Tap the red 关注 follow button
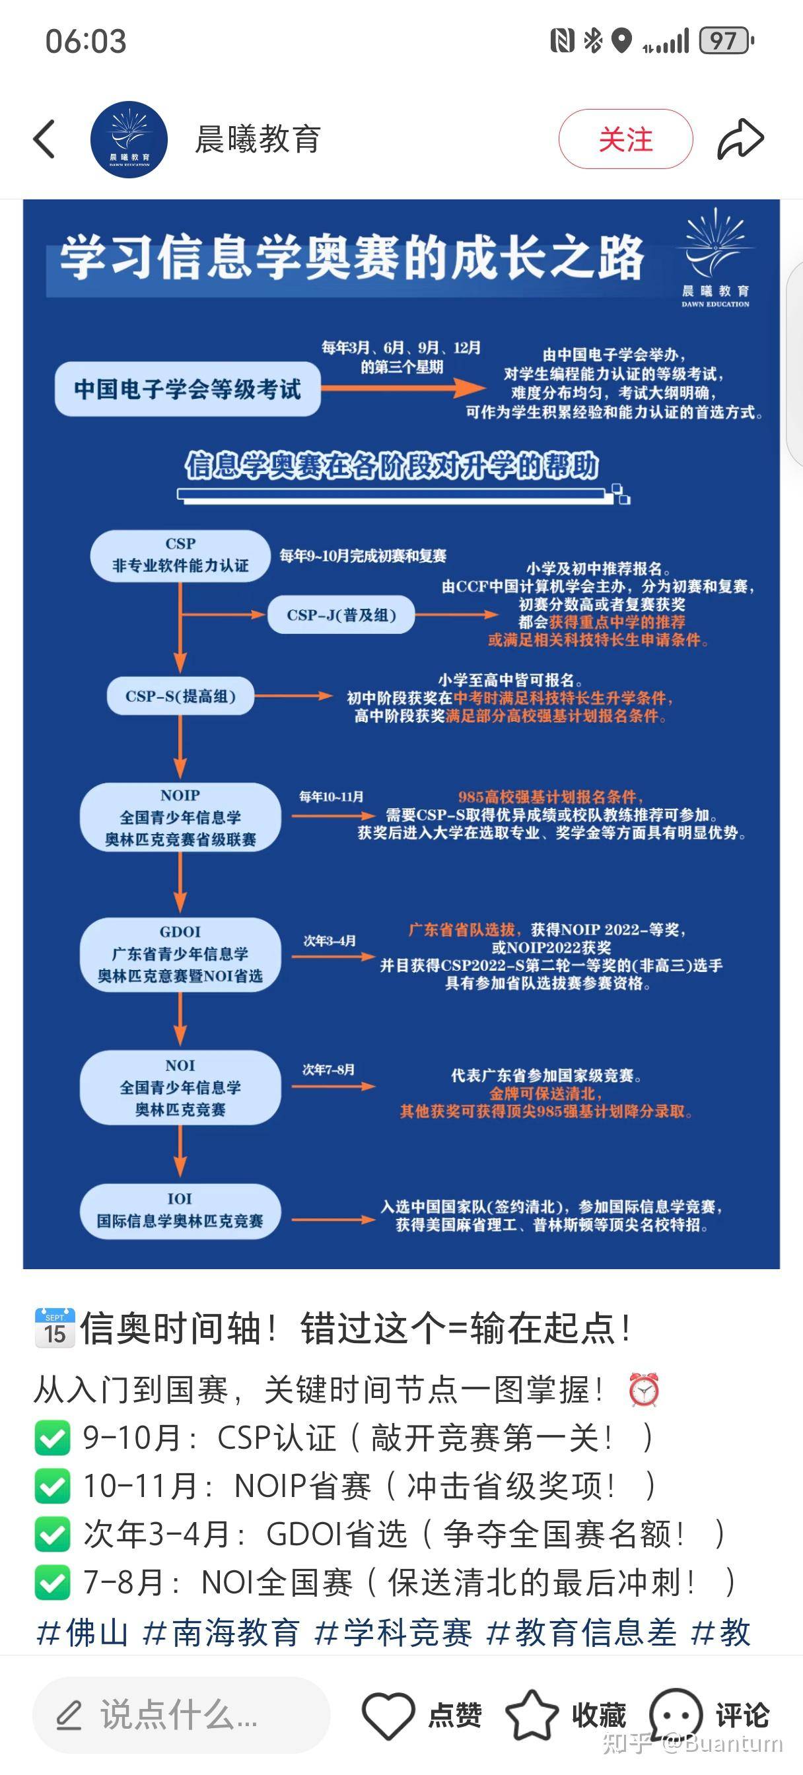click(x=625, y=139)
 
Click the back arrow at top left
click(x=45, y=139)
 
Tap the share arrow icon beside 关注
click(x=740, y=139)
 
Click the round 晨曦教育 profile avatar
click(x=129, y=139)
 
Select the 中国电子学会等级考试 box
click(x=188, y=390)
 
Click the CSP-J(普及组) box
click(x=341, y=615)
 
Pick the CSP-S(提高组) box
click(x=180, y=696)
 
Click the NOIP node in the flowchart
click(x=180, y=818)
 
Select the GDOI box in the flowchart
click(x=180, y=954)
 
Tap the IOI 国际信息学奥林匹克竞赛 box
click(x=180, y=1210)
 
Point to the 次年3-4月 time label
click(x=330, y=940)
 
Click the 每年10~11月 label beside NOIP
click(x=332, y=796)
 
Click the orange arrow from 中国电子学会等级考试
click(x=403, y=388)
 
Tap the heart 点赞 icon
click(x=388, y=1714)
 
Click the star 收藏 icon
click(x=532, y=1714)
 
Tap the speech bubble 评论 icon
click(x=676, y=1714)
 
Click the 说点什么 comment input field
click(x=180, y=1714)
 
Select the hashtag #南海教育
click(x=221, y=1633)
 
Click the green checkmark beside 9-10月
click(x=52, y=1438)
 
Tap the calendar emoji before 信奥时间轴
click(x=54, y=1327)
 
